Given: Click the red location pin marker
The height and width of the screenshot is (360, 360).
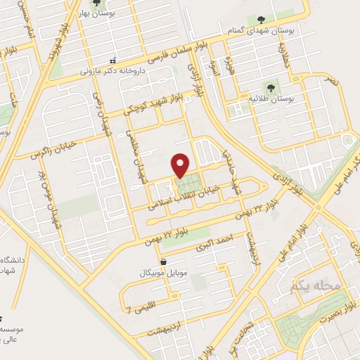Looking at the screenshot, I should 181,165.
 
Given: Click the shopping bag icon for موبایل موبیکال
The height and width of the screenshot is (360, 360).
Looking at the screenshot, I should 164,262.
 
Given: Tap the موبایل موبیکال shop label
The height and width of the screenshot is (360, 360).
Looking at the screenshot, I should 164,271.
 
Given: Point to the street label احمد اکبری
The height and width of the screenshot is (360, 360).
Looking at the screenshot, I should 217,247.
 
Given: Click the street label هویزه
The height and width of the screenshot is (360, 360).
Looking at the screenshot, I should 228,67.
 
